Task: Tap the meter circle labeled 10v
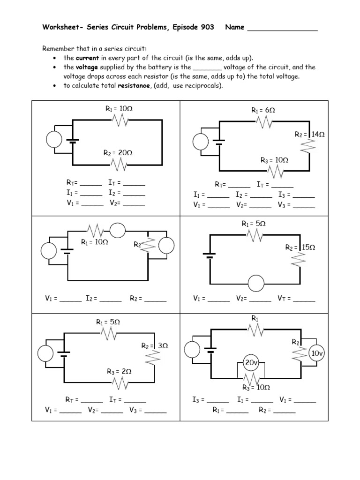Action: (317, 354)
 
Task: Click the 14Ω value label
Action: (318, 134)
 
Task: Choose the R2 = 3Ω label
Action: (154, 346)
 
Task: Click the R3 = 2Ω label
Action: (119, 372)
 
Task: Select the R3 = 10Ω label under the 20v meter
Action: (255, 388)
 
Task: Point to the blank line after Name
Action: (282, 28)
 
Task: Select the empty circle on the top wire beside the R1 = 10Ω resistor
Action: (117, 230)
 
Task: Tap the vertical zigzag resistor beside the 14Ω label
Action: (309, 148)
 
